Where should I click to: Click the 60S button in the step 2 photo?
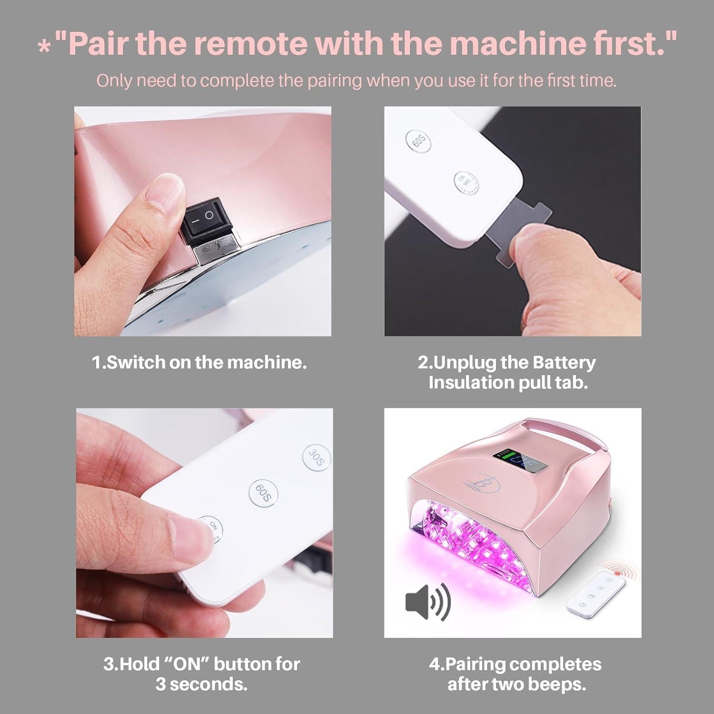pos(418,141)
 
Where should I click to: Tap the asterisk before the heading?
pos(44,48)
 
